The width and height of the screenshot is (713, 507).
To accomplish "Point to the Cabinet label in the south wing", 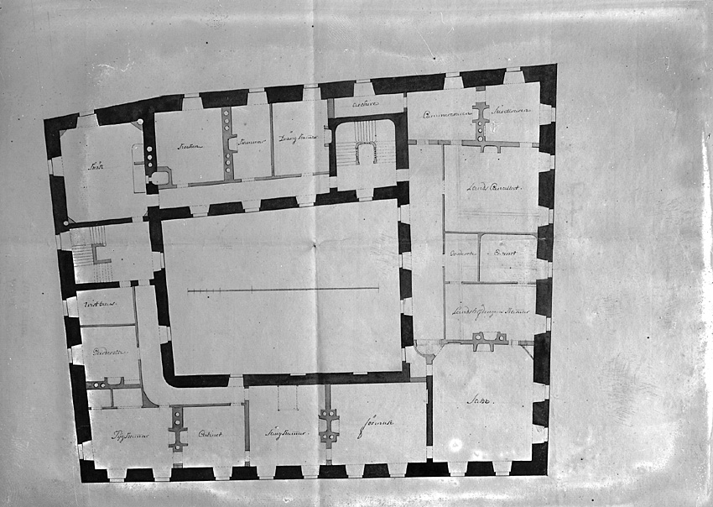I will tap(208, 433).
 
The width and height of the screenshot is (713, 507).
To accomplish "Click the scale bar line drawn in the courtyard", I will tap(283, 290).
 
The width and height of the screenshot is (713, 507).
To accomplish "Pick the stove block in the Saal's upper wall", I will tap(489, 341).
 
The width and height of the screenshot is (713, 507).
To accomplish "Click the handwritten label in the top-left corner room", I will tap(98, 166).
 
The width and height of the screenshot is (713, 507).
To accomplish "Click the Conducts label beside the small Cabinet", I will tap(463, 252).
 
